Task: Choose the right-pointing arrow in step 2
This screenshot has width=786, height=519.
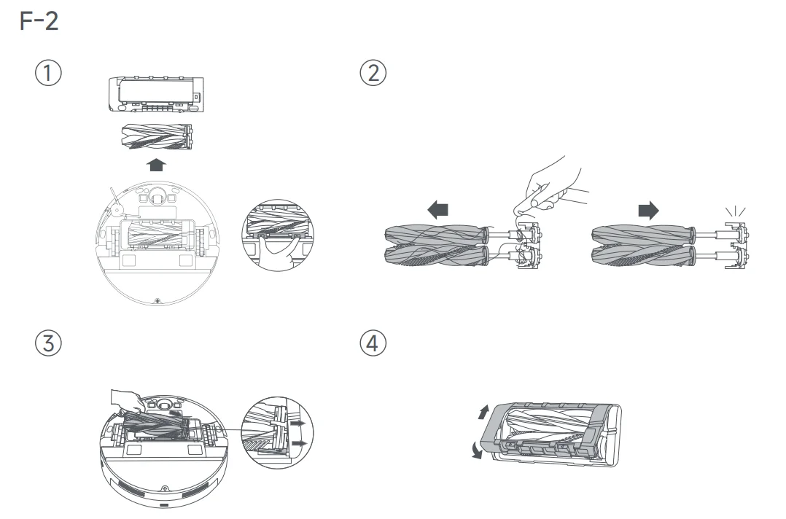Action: click(647, 211)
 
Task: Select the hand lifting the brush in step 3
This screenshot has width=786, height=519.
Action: click(125, 398)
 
